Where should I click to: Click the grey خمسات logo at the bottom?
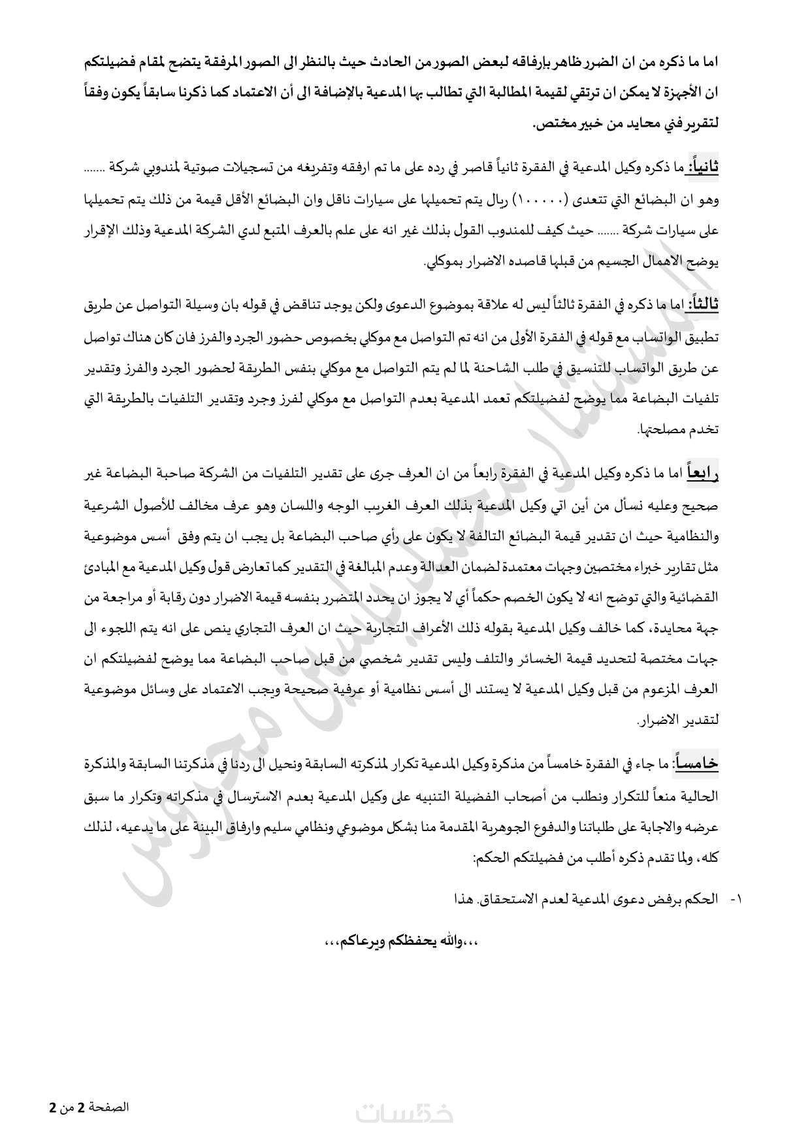point(405,1113)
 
